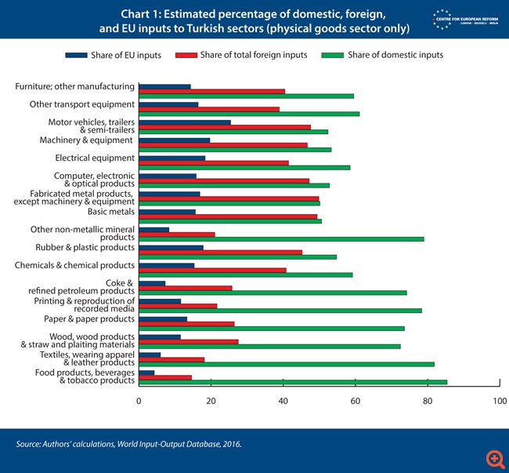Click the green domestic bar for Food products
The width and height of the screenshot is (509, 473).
click(x=293, y=382)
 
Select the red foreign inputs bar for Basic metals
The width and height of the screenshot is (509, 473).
click(x=228, y=216)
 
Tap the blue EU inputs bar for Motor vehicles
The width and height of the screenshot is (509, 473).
click(x=185, y=122)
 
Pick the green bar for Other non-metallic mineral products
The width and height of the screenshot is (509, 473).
click(x=281, y=239)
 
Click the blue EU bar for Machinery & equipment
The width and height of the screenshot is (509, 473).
click(x=175, y=140)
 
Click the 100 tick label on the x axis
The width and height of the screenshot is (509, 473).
click(x=500, y=401)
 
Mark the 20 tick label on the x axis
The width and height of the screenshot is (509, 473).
click(x=211, y=401)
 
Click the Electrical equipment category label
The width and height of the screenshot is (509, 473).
click(x=95, y=158)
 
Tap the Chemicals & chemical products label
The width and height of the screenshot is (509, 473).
click(x=74, y=265)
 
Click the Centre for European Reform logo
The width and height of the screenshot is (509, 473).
click(x=464, y=19)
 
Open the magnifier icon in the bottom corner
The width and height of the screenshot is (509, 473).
click(x=494, y=457)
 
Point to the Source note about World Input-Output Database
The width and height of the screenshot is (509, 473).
click(x=129, y=445)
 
